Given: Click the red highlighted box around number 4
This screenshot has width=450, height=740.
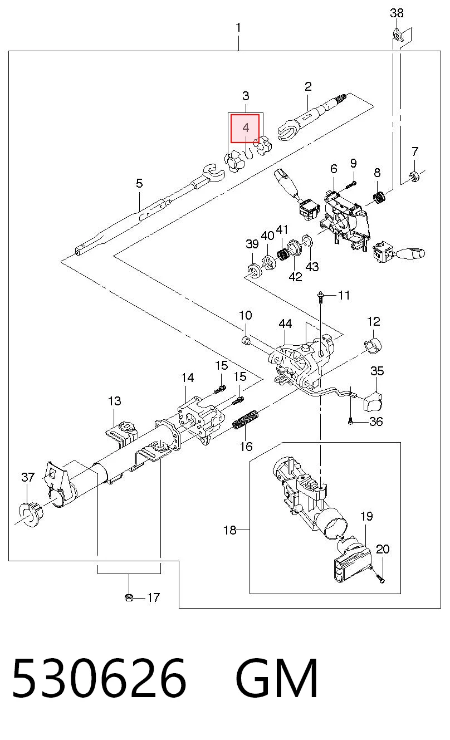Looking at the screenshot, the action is tap(245, 129).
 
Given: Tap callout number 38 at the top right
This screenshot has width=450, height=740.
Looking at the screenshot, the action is tap(397, 13).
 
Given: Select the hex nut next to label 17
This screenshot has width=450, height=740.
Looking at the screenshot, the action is tap(129, 597).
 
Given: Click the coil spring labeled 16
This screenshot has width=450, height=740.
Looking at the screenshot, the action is tap(246, 419).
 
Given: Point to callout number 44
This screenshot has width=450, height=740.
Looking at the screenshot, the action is tap(285, 324).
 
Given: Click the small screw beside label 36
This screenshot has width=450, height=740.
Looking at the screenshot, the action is tap(350, 421).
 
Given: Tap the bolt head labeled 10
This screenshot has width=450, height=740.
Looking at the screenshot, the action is tap(246, 340).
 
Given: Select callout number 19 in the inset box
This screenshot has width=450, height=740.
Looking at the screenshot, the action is tap(367, 516).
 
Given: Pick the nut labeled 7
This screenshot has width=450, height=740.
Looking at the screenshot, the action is tap(414, 177).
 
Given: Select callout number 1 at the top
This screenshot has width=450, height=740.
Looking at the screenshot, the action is tap(238, 28).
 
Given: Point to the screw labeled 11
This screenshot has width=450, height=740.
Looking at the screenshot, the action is tap(320, 296).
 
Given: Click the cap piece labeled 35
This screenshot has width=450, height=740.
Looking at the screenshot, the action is tap(372, 401).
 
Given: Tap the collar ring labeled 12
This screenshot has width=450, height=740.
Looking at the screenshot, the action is tap(373, 346).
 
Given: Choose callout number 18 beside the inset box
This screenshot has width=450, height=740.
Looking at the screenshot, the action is tap(230, 530).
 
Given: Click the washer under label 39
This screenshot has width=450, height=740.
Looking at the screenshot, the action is tap(255, 271).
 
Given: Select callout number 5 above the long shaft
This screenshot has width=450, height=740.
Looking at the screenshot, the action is tap(139, 183).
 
